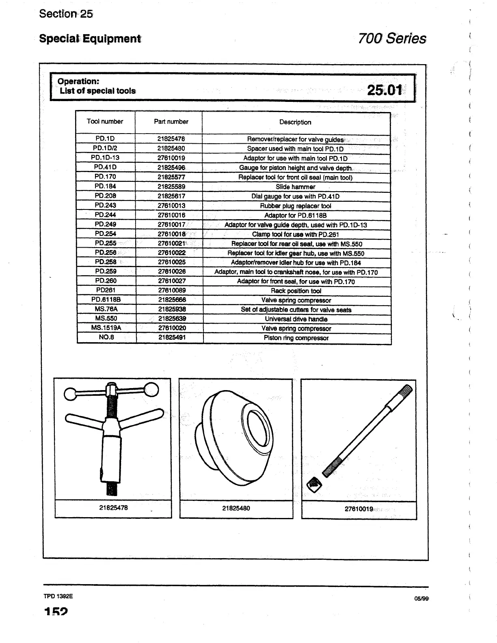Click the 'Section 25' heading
66,14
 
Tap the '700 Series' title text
392,39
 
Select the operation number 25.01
384,90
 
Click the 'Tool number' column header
105,121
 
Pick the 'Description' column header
295,122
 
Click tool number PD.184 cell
105,186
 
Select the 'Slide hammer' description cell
295,187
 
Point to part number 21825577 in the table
171,177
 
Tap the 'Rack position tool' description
296,291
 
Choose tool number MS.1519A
106,328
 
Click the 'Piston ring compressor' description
296,338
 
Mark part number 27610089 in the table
171,291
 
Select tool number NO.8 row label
106,337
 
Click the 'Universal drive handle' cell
296,319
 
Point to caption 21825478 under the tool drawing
113,508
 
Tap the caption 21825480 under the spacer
236,508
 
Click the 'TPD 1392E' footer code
58,597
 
